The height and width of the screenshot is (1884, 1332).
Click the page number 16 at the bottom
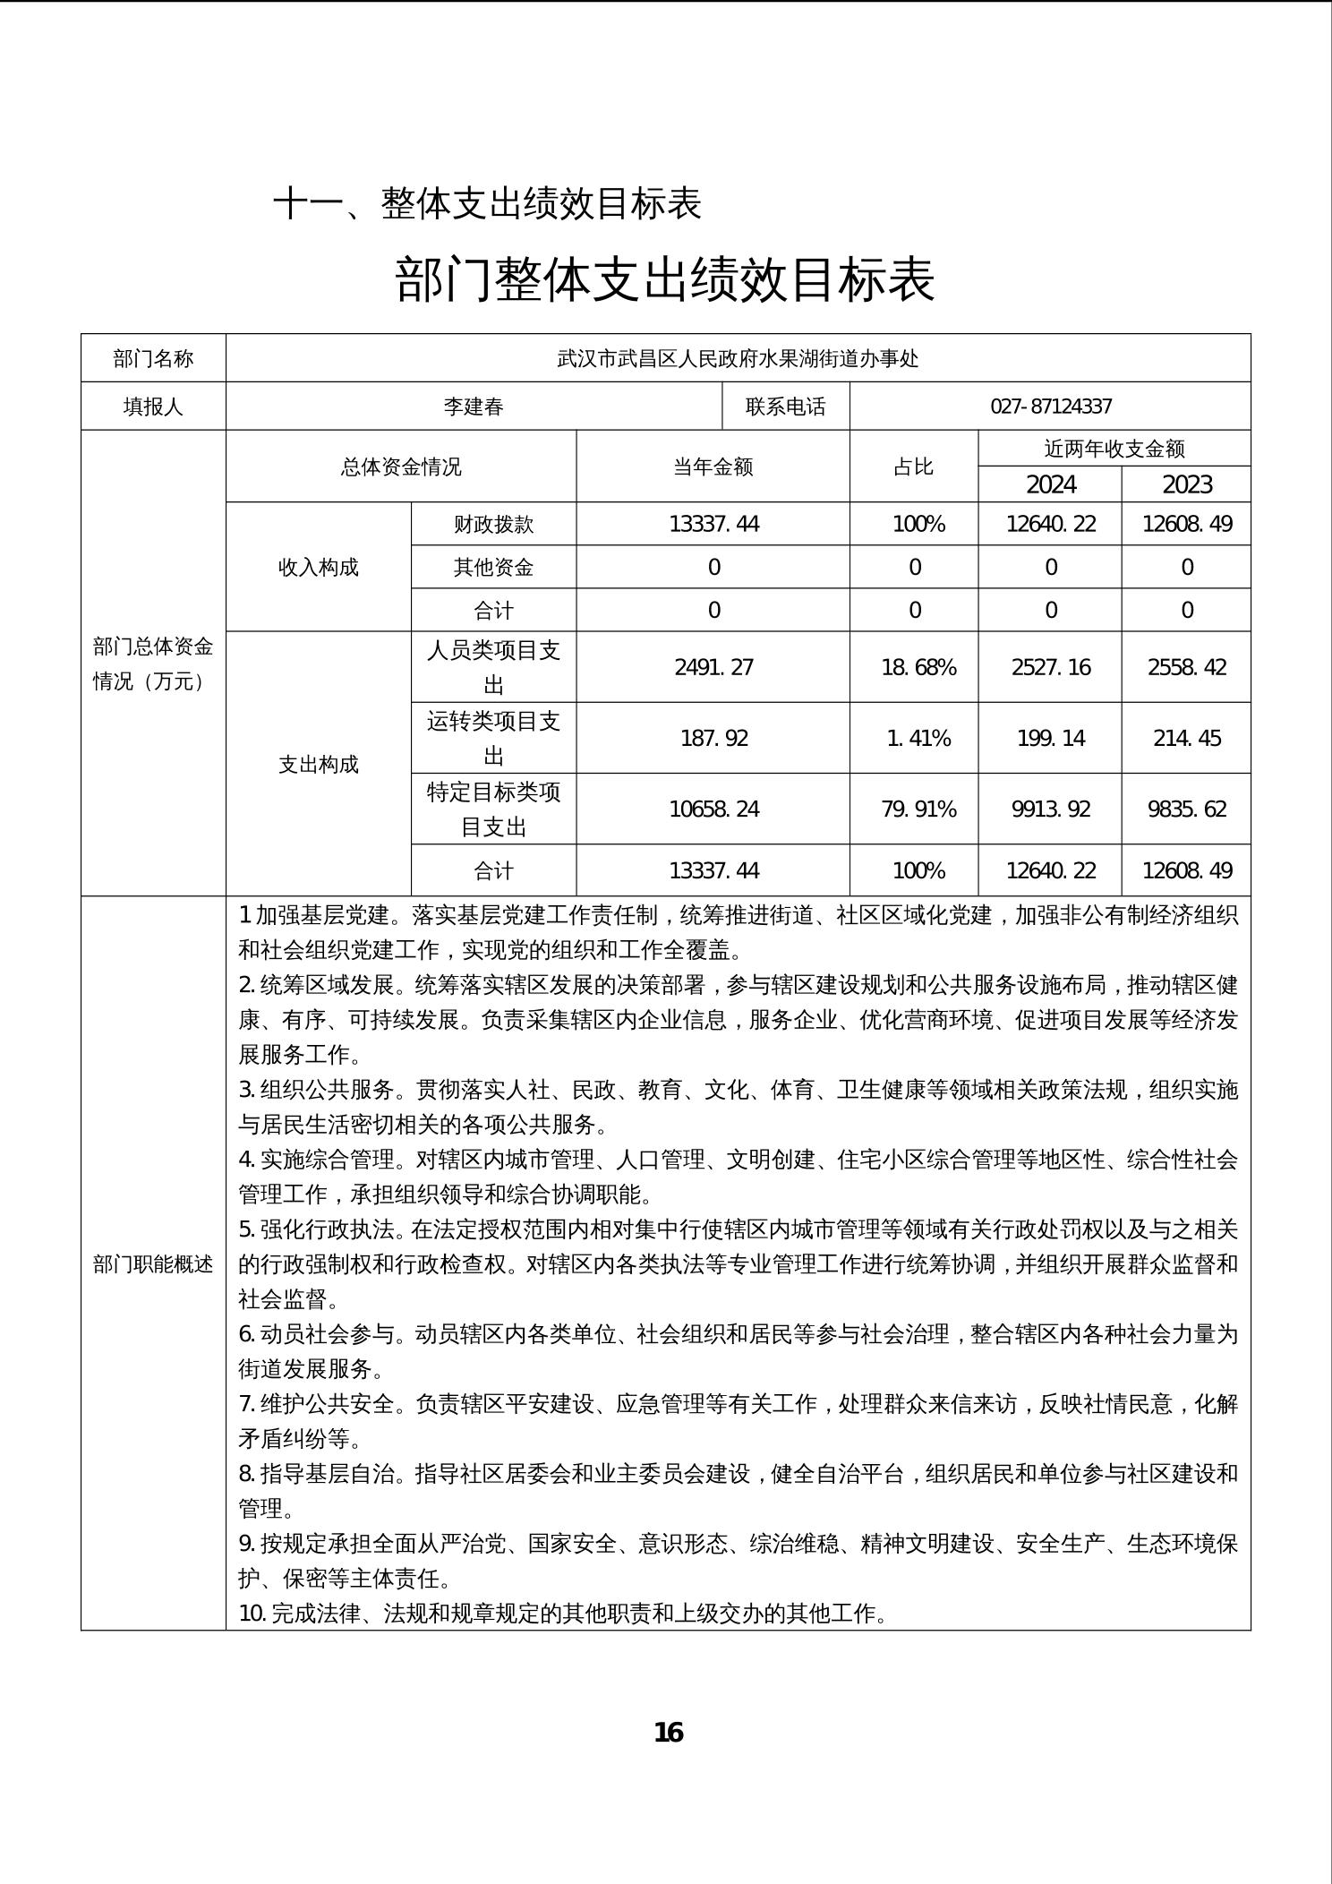point(669,1733)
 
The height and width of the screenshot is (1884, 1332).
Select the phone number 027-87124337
point(1051,407)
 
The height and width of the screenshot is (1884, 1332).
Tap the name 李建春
point(474,407)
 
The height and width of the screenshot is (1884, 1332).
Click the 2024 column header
point(1051,484)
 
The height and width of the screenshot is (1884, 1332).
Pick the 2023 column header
point(1187,484)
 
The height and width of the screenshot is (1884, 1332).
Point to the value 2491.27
point(713,667)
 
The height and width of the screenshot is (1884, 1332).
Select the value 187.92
point(713,738)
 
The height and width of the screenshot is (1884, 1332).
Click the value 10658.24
point(713,809)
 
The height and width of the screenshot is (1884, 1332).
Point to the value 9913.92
point(1051,809)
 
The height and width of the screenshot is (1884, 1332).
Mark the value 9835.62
point(1187,809)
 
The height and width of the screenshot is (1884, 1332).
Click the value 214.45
point(1187,738)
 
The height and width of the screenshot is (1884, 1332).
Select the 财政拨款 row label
point(493,524)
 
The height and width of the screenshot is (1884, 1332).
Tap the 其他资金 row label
point(493,567)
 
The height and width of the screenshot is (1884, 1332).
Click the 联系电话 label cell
point(785,407)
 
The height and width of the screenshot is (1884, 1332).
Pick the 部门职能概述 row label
point(153,1263)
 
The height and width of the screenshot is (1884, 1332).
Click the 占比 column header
point(913,467)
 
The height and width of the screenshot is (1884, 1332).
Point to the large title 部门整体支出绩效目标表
point(665,279)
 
